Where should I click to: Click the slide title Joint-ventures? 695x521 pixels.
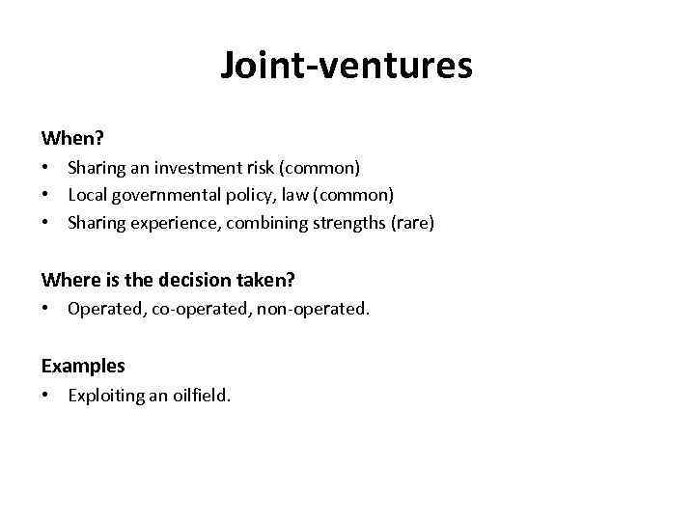pos(347,66)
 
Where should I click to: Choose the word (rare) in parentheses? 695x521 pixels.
pos(413,224)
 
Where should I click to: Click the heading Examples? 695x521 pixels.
pos(83,366)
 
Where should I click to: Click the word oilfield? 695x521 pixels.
pos(200,395)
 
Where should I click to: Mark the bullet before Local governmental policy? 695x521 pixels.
pos(46,196)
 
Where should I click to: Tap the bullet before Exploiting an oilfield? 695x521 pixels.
pos(46,395)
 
